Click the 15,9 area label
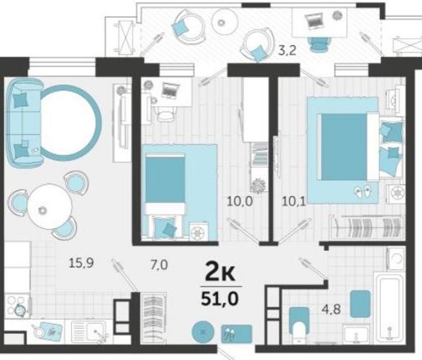81,263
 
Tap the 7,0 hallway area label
159,265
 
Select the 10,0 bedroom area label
240,201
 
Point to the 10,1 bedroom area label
294,201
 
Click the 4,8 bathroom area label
332,309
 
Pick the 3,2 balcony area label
287,50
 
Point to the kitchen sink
90,332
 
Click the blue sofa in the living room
24,123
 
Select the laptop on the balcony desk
313,21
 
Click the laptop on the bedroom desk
171,90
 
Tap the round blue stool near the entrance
203,332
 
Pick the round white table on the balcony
225,22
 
